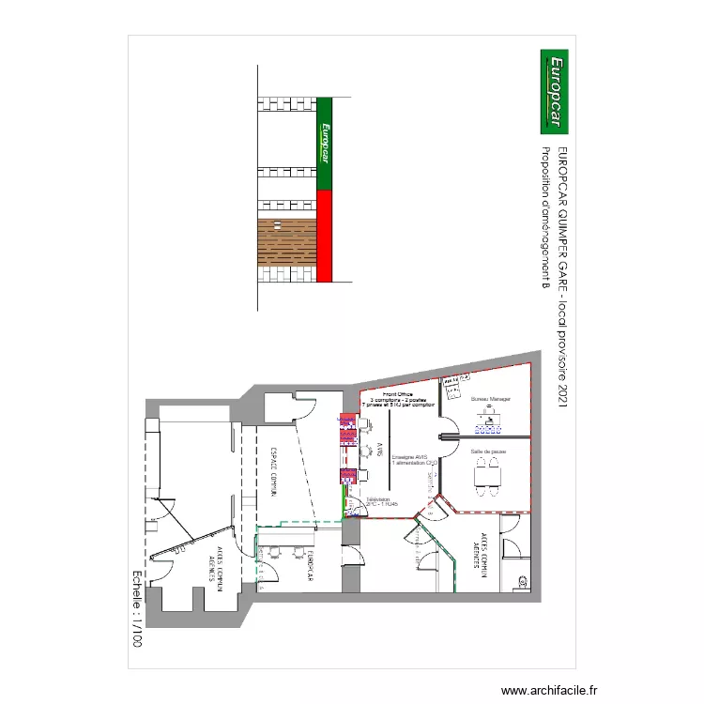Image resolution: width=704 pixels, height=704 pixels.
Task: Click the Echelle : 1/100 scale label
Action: (137, 610)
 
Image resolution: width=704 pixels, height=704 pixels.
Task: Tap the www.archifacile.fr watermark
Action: (549, 689)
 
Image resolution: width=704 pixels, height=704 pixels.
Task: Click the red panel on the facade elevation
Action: (325, 236)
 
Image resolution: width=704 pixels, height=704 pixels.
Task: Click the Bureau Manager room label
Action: (490, 399)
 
